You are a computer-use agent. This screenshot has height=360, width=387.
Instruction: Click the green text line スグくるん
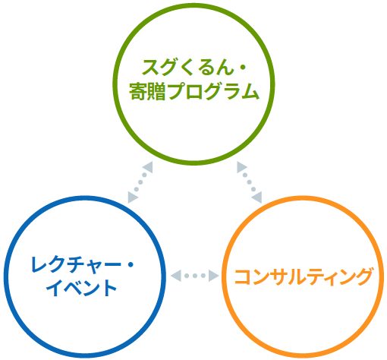(x=187, y=68)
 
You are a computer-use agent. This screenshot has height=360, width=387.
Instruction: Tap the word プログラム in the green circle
(x=213, y=91)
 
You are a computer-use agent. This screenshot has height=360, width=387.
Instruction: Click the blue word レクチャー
(x=76, y=264)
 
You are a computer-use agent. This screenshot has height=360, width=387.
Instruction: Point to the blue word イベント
(x=81, y=288)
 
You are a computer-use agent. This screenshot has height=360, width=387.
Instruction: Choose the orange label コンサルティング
(x=304, y=276)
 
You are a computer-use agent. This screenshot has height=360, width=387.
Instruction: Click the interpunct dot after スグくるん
(x=242, y=68)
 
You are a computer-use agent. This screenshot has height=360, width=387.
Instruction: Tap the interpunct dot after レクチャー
(x=131, y=265)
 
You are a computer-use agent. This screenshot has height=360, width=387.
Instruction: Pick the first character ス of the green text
(x=150, y=68)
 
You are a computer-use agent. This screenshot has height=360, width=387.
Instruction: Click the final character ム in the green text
(x=250, y=91)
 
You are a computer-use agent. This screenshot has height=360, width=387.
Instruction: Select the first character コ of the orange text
(x=244, y=276)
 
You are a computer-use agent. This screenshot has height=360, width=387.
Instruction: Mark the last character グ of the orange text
(x=363, y=276)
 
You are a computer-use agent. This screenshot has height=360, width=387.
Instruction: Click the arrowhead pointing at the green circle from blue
(x=148, y=167)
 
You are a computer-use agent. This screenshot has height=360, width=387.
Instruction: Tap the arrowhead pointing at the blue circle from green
(x=133, y=197)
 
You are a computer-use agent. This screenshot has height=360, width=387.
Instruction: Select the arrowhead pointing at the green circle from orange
(x=241, y=167)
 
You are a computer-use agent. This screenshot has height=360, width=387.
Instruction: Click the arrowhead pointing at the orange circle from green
(x=257, y=197)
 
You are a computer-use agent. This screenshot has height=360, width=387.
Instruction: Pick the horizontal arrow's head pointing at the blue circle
(x=176, y=276)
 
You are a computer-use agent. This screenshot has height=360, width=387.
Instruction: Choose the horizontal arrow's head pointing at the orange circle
(x=214, y=276)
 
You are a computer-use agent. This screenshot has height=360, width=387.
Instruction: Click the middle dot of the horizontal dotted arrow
(x=195, y=276)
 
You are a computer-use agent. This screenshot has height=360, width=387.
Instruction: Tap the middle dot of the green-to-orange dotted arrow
(x=249, y=182)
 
